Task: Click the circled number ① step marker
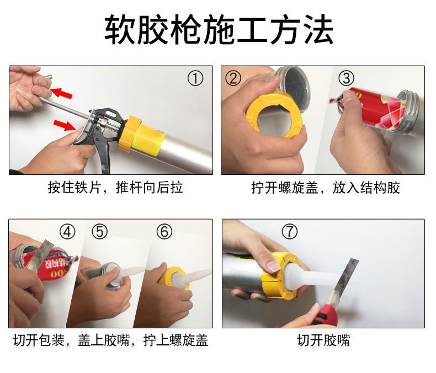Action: pos(195,78)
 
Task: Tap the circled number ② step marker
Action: pos(233,78)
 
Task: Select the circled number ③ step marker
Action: pos(346,78)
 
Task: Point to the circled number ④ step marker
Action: pos(67,232)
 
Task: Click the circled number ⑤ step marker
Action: pos(99,232)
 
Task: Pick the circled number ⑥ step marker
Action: pos(164,232)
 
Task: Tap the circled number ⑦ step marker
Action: pos(289,232)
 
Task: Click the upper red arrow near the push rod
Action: pos(61,93)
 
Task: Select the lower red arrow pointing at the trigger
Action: pos(65,125)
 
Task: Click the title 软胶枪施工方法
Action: pos(219,30)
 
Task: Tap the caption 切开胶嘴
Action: pos(323,340)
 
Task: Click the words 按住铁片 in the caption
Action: pos(74,188)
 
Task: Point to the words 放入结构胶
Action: pos(366,188)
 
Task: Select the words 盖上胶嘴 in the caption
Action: pos(103,340)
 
